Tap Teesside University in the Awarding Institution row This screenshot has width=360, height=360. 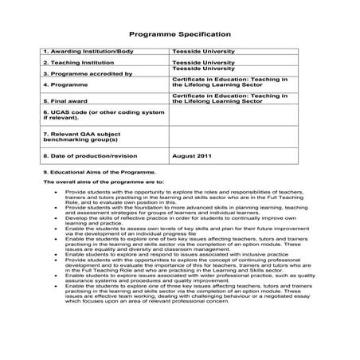pos(203,51)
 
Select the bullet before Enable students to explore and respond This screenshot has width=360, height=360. pos(55,252)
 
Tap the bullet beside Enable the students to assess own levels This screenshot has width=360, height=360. pos(55,228)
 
